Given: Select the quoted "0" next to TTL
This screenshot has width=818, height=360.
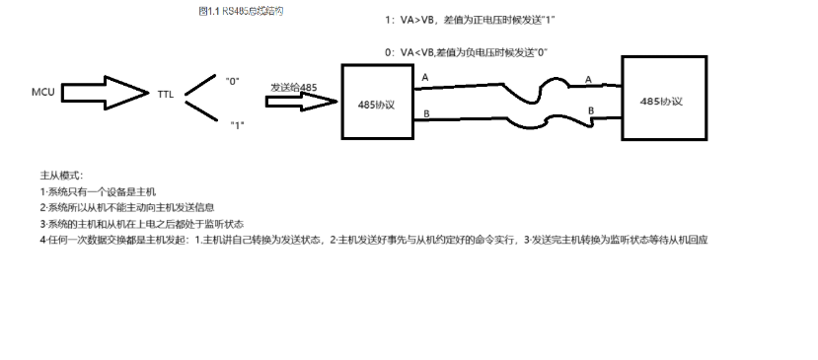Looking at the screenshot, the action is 232,79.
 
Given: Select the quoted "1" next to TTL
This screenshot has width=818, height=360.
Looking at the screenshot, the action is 237,124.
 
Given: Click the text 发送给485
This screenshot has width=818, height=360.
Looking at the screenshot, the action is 293,87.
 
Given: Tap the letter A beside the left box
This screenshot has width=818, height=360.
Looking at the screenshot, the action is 425,77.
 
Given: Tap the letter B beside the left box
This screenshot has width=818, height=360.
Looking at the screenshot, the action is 426,113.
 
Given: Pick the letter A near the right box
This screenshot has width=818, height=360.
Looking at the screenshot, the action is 588,79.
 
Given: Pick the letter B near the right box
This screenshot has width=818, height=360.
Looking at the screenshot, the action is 591,111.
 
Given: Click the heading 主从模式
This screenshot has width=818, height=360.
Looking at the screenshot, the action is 58,175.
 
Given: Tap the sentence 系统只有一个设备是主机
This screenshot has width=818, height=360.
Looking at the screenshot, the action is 99,190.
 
